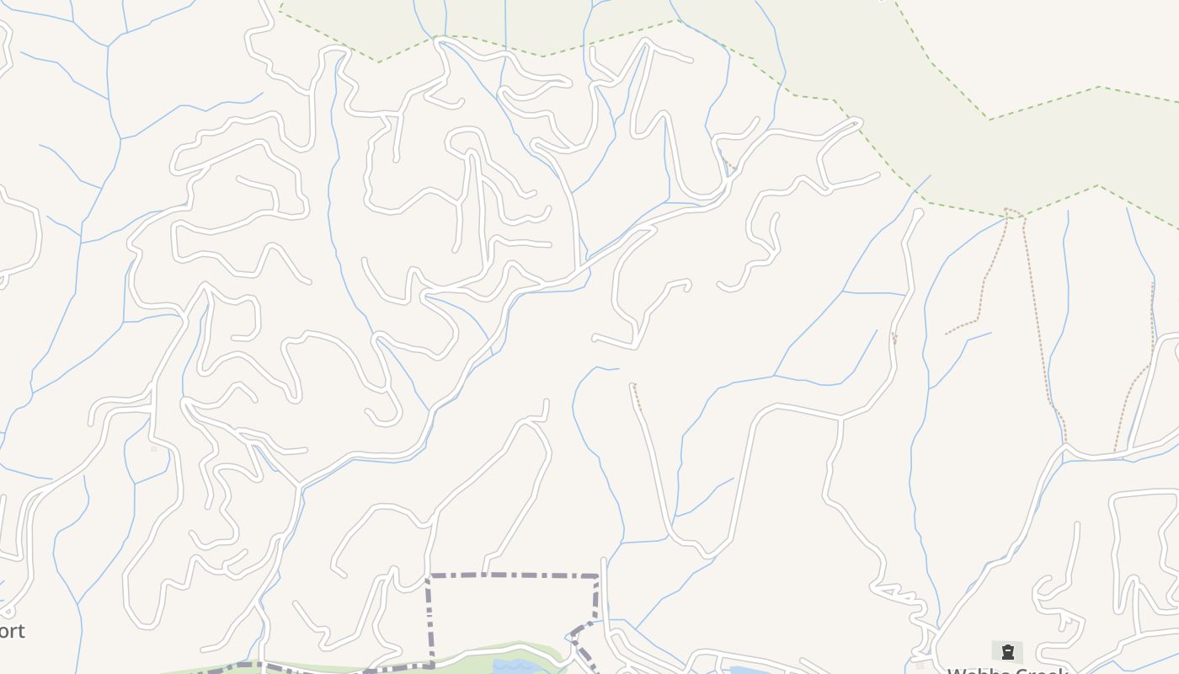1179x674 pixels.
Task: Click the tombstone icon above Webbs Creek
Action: [x=1007, y=651]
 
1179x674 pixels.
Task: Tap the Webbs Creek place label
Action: [x=1007, y=671]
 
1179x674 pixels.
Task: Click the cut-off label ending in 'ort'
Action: [x=12, y=631]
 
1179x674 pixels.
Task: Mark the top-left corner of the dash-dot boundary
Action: [x=429, y=576]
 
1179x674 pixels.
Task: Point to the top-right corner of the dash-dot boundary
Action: [x=598, y=576]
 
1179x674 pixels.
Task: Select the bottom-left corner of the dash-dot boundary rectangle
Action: [x=432, y=666]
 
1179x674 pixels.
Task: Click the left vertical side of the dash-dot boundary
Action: [x=429, y=619]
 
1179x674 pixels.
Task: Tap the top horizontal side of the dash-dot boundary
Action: [x=514, y=575]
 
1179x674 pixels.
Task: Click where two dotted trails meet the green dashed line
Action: [x=1014, y=212]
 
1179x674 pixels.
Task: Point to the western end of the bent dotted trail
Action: [x=947, y=334]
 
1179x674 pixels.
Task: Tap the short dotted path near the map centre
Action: [x=636, y=396]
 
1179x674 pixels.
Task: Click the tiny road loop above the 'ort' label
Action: [x=8, y=610]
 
